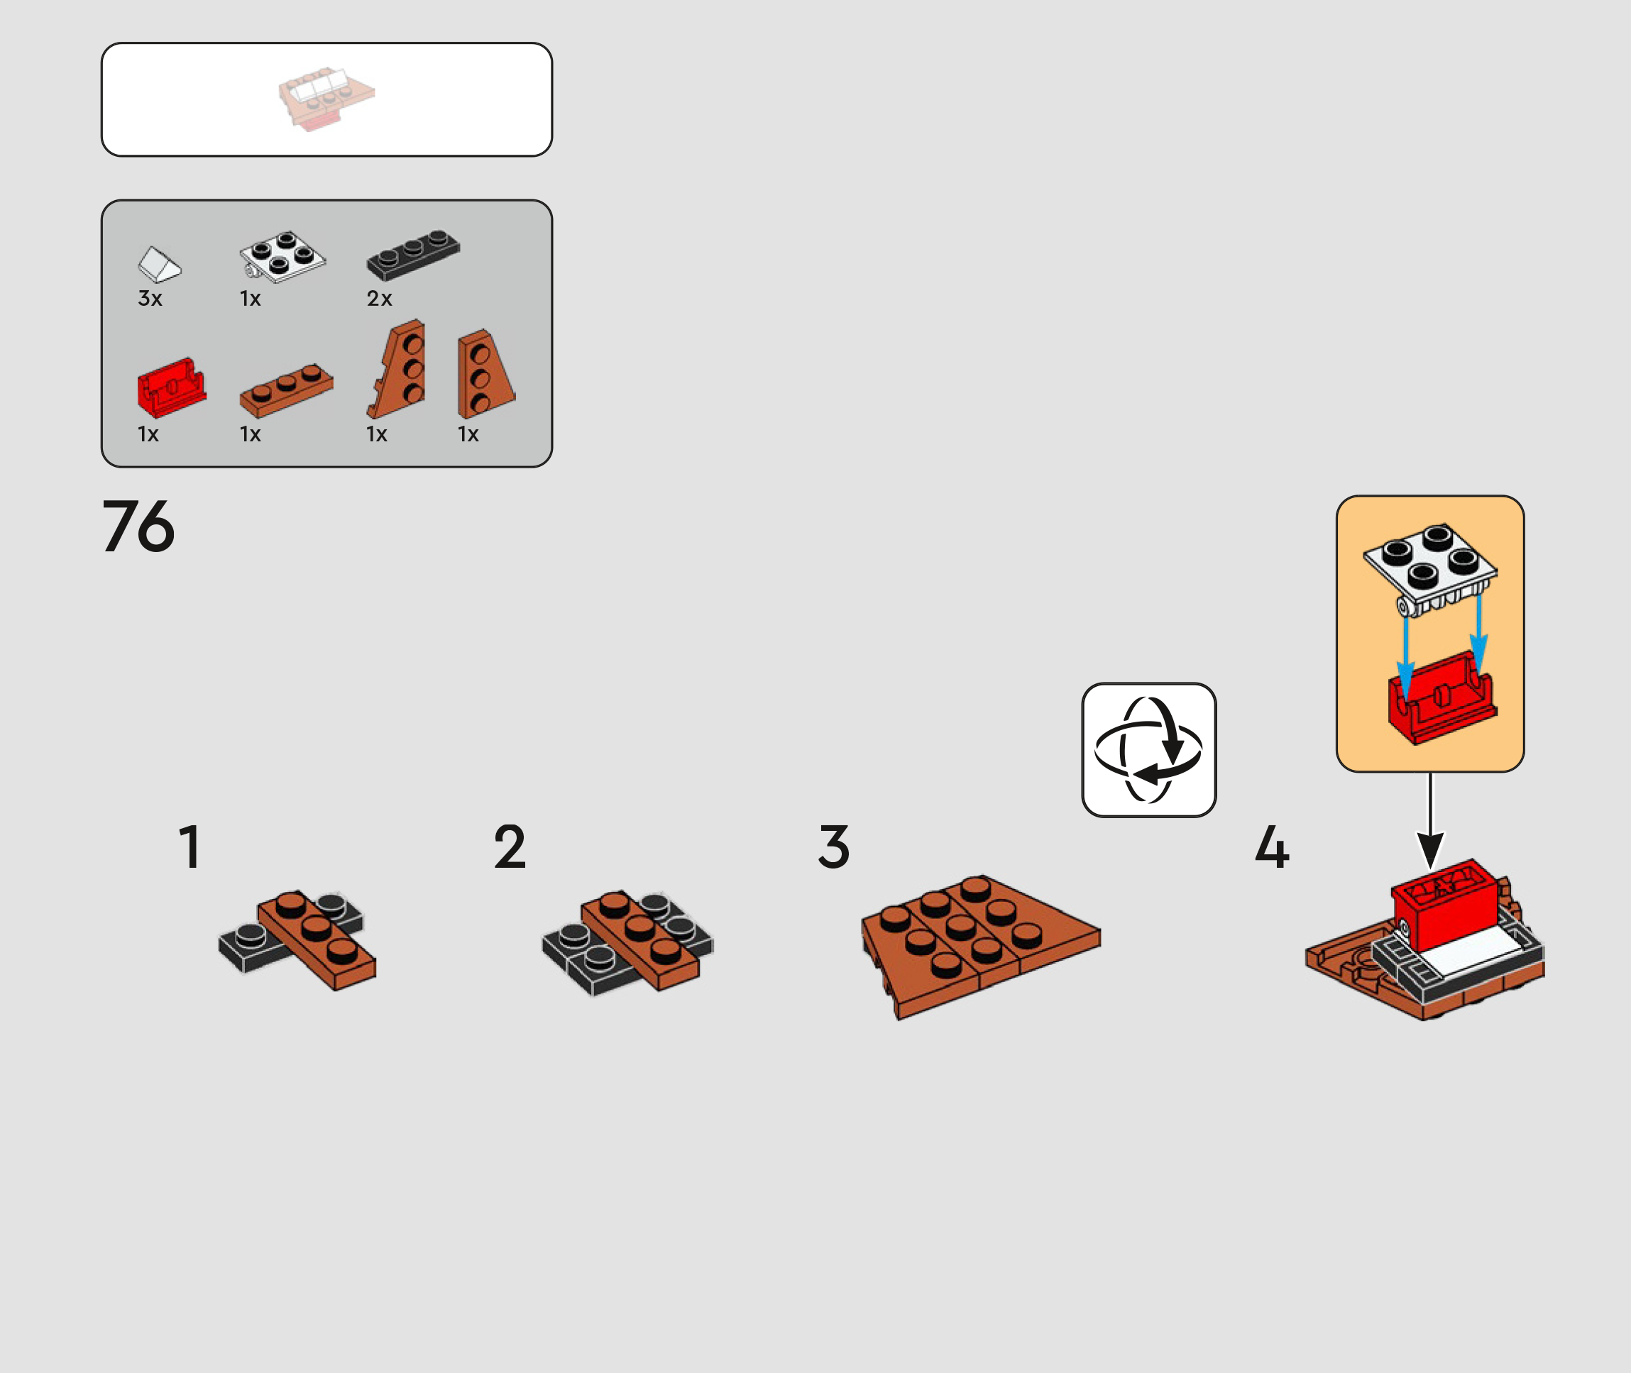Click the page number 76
point(138,526)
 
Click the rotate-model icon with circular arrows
point(1149,750)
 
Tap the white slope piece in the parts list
point(160,265)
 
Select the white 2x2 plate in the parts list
point(282,256)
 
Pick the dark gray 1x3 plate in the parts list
point(413,255)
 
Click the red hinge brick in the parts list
point(171,387)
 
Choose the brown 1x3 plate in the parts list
point(287,390)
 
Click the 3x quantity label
point(150,298)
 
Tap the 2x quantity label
point(379,298)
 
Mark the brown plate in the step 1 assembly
point(317,940)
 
